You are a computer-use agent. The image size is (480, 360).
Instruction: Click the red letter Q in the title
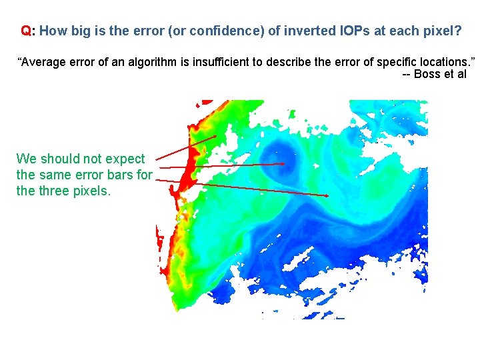click(x=25, y=31)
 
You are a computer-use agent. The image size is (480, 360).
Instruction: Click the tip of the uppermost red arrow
click(x=217, y=136)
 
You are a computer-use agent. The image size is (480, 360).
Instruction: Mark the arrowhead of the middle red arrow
click(x=285, y=163)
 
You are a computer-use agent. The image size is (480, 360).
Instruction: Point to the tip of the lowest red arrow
click(x=328, y=195)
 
